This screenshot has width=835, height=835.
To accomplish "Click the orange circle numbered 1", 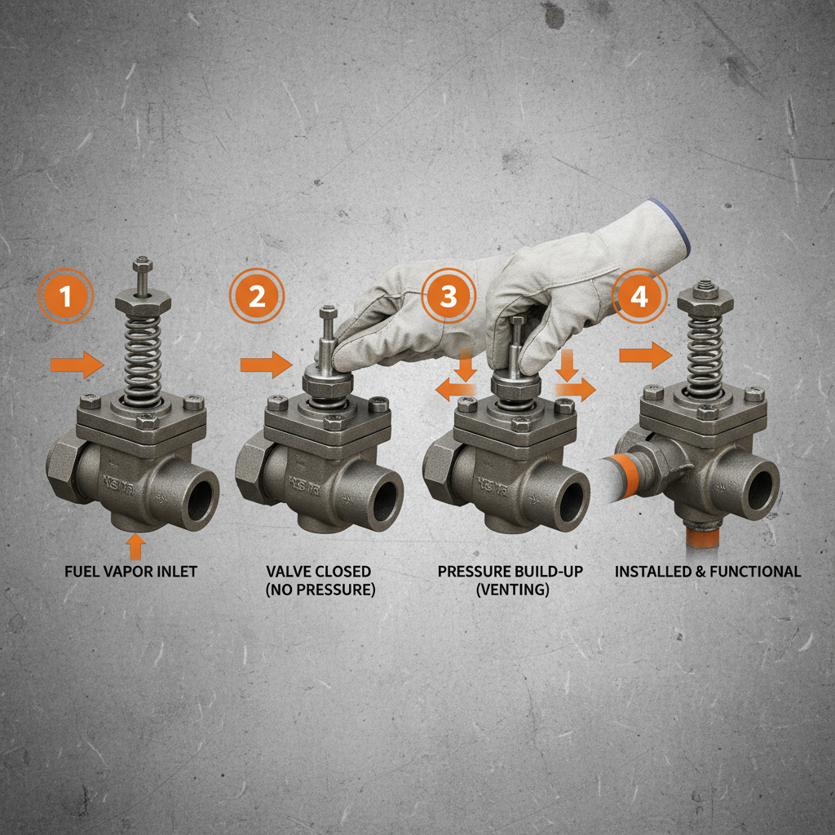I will click(x=66, y=297).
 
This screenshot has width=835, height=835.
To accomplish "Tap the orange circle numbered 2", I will click(x=257, y=297).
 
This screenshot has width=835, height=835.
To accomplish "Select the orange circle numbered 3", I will click(x=448, y=297).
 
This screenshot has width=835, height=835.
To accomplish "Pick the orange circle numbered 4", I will click(x=640, y=297).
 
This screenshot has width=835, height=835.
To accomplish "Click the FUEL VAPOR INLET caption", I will click(x=130, y=572).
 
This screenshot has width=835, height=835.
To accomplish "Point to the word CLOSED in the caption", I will click(x=343, y=572).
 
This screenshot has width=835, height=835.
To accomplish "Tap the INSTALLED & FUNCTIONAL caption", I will click(x=708, y=572).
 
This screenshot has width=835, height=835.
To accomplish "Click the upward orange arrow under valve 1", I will click(x=136, y=545).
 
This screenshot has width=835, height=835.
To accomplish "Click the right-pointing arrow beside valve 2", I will click(x=266, y=364).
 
